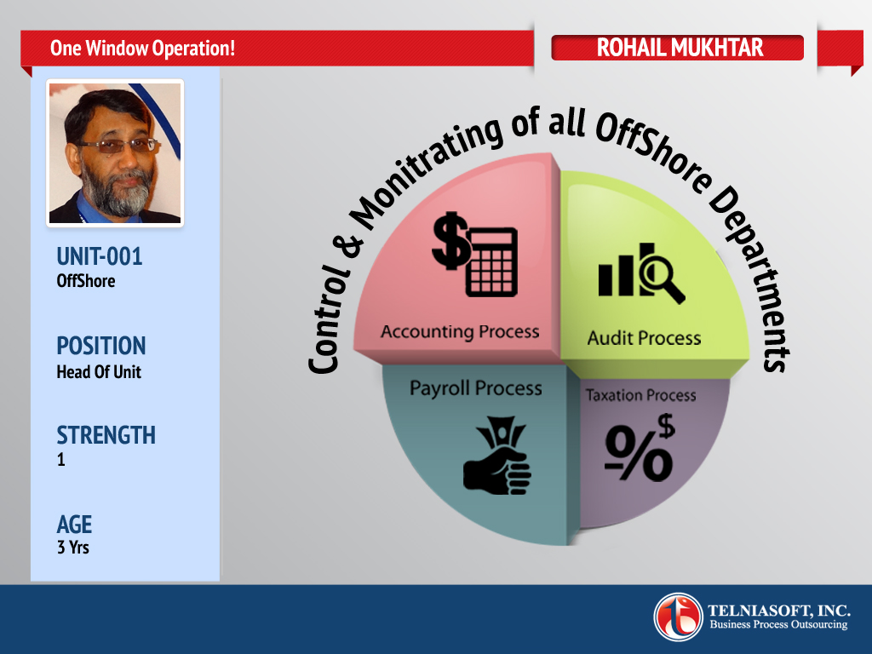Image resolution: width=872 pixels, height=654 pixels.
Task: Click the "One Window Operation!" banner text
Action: coord(142,49)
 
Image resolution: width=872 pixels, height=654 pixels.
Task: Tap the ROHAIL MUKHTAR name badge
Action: coord(677,48)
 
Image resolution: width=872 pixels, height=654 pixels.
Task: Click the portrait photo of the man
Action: coord(115,153)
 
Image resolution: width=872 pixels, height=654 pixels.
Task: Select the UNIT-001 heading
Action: coord(100,256)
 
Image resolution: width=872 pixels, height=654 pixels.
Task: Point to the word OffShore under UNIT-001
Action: coord(86,281)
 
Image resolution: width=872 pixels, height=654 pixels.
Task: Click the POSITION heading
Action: coord(101,346)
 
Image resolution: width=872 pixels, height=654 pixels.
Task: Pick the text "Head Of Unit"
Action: coord(99,371)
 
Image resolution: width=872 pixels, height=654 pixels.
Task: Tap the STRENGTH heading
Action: coord(106,435)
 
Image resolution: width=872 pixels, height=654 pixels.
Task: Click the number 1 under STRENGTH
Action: coord(61,459)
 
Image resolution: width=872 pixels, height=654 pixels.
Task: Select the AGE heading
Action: coord(75,525)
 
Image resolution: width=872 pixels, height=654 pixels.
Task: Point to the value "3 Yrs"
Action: coord(73,548)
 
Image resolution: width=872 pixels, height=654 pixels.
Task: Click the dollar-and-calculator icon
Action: coord(475,254)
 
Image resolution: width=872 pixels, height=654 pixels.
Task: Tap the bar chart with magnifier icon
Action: coord(642,273)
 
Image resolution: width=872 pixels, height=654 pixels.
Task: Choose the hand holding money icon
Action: coord(497,456)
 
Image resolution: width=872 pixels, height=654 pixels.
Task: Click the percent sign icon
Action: coord(640,448)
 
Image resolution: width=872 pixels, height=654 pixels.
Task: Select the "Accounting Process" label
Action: coord(460,332)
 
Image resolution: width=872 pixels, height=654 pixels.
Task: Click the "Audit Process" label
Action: coord(644,338)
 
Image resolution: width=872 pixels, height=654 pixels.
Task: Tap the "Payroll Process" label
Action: coord(475,388)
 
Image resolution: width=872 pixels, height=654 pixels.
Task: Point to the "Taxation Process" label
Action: coord(640,395)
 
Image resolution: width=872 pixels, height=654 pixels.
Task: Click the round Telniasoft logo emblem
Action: coord(678,617)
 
